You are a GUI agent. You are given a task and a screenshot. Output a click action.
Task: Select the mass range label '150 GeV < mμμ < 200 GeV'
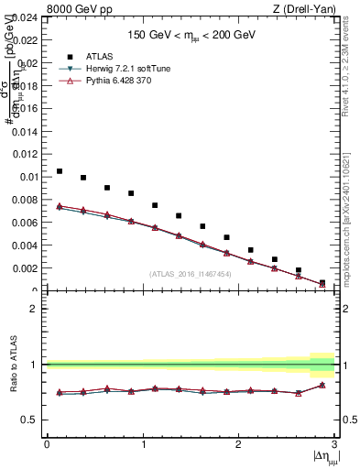(191, 35)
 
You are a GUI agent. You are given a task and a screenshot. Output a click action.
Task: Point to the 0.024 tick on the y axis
(27, 17)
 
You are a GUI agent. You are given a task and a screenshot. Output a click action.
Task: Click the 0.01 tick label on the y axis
(29, 177)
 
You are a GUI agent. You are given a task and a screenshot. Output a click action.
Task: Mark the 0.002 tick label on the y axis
(27, 268)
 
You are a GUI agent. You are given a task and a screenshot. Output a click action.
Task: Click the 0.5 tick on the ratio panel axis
(33, 420)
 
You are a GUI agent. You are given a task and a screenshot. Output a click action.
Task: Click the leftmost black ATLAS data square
(60, 171)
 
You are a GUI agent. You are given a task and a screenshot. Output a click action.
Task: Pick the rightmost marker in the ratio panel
(322, 385)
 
